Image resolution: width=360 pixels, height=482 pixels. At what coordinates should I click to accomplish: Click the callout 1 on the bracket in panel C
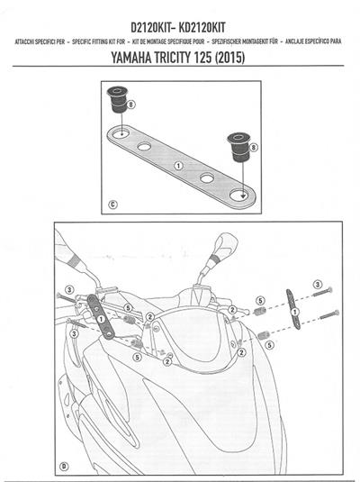(x=178, y=166)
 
